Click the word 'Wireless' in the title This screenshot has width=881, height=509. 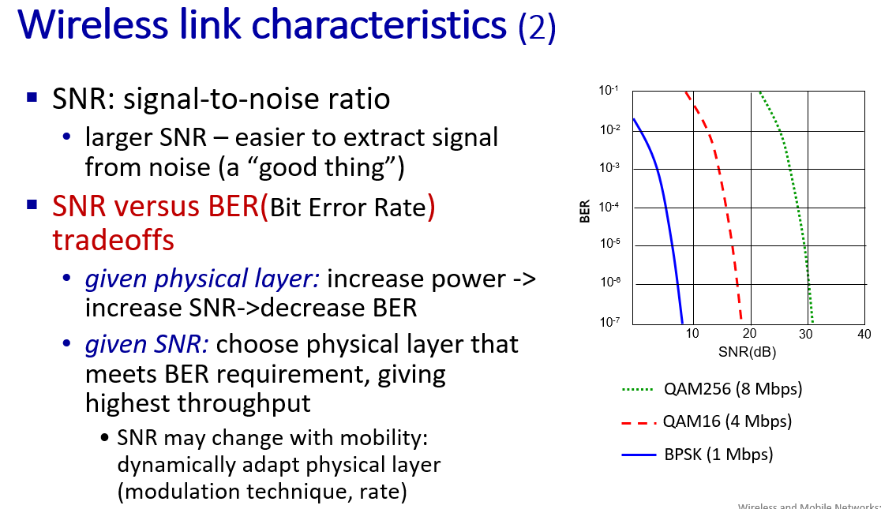click(x=92, y=24)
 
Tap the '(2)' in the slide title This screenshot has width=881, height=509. click(x=537, y=27)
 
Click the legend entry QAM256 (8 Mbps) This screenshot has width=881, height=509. click(x=712, y=389)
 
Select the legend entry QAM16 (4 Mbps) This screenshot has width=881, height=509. click(x=707, y=421)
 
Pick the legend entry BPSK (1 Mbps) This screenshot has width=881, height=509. click(x=697, y=454)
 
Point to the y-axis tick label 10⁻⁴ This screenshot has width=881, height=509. click(x=609, y=207)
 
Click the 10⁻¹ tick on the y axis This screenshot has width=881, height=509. click(x=609, y=90)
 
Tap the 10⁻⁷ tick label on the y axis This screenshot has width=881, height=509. click(x=609, y=322)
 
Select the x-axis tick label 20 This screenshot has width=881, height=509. click(x=749, y=334)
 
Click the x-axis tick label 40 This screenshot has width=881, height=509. click(x=864, y=335)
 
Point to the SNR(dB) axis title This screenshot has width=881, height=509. click(x=748, y=352)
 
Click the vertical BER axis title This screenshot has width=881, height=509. click(x=585, y=211)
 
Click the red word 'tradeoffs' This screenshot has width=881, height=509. click(x=114, y=240)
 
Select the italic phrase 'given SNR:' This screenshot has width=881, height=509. click(x=147, y=344)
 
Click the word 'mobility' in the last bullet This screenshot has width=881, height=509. click(x=384, y=438)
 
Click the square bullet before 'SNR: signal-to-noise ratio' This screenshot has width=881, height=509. click(x=32, y=98)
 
